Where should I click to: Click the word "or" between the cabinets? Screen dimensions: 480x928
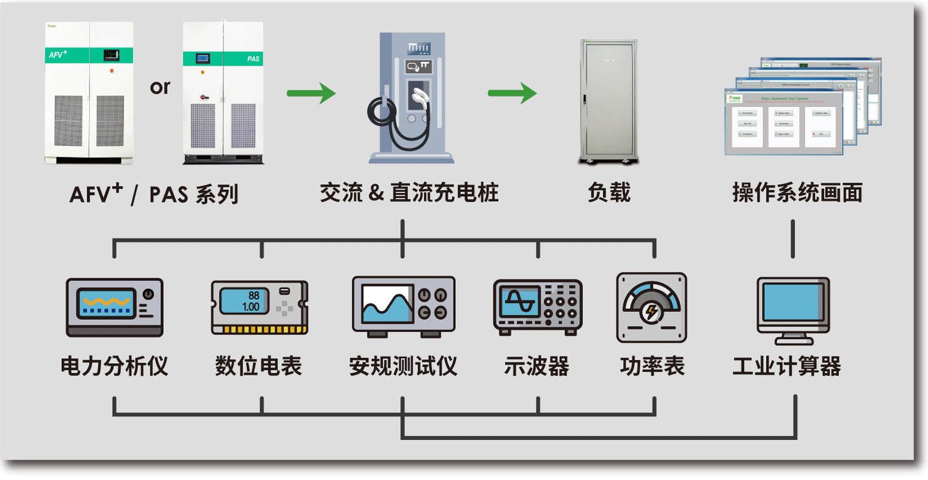pos(160,88)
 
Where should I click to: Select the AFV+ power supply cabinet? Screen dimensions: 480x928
pos(90,93)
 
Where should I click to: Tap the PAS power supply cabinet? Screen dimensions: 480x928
pos(223,93)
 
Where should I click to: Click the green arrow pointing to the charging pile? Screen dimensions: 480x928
pos(311,93)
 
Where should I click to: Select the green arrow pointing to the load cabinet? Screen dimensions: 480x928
pos(512,93)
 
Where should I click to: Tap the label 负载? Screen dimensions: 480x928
pos(609,193)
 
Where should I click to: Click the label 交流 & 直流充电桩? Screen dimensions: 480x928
pos(409,193)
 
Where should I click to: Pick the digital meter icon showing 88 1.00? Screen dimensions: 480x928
pos(259,307)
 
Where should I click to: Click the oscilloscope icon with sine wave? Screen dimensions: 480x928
pos(537,307)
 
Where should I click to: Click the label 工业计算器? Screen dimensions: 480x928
pos(786,367)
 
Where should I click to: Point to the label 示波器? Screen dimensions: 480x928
pos(536,367)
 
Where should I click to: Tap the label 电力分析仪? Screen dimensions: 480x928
pos(114,367)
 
